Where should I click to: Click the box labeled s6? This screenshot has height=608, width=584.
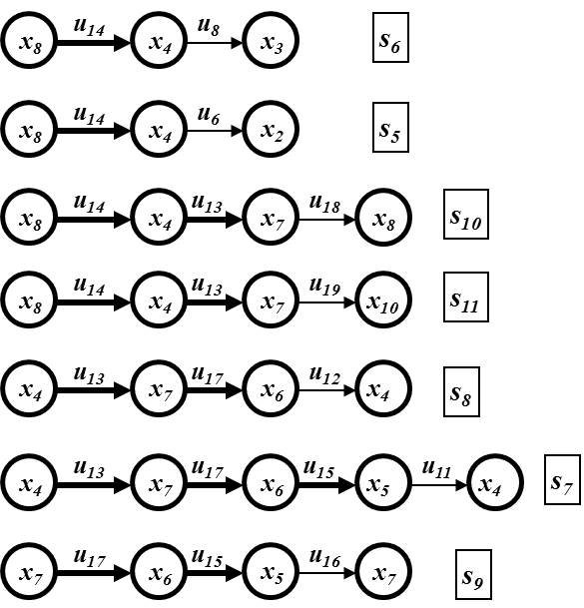tap(390, 37)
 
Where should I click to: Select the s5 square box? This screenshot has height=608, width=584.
tap(390, 127)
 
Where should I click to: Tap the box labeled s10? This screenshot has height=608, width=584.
tap(466, 214)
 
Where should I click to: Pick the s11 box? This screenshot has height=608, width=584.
tap(466, 298)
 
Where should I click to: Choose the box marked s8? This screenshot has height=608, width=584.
tap(461, 391)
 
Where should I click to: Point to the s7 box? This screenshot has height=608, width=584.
tap(562, 479)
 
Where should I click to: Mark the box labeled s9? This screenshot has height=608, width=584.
tap(473, 575)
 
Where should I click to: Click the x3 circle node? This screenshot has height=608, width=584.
tap(271, 40)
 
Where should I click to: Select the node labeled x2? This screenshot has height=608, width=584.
tap(271, 129)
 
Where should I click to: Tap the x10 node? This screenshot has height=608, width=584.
tap(383, 300)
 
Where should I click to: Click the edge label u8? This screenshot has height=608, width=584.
tap(209, 26)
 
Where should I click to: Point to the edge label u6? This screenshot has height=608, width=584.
tap(209, 115)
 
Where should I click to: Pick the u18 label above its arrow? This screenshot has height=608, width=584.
tap(325, 204)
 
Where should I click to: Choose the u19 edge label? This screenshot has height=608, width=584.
tap(325, 287)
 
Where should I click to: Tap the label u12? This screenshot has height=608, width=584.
tap(325, 375)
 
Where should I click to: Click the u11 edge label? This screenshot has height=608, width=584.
tap(436, 468)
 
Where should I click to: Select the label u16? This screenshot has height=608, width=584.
tap(325, 558)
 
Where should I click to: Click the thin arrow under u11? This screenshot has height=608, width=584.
tap(439, 484)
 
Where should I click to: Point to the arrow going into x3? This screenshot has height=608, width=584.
tap(215, 43)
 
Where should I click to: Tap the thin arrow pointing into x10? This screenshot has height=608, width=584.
tap(326, 303)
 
